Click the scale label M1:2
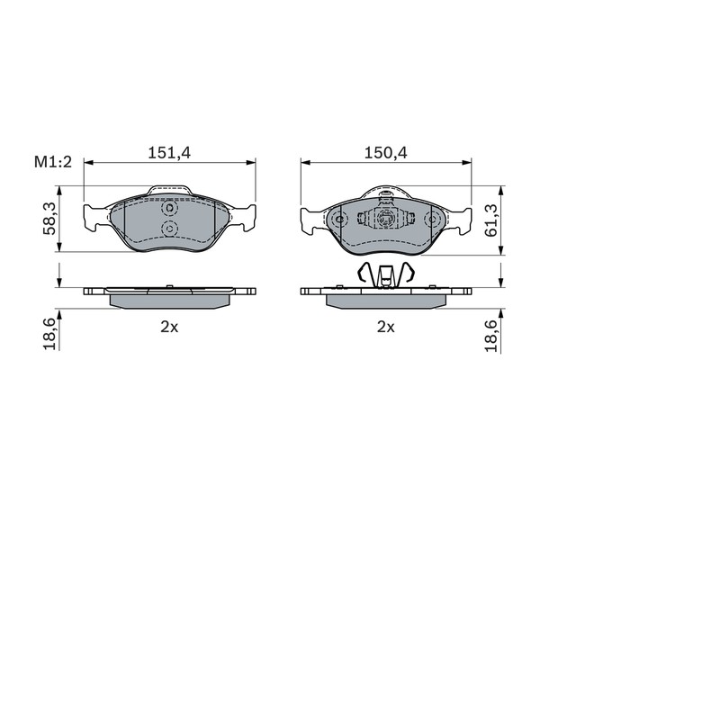(x=53, y=162)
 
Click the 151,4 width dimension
(x=169, y=152)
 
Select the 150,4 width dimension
(x=386, y=152)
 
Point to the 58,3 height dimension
(x=49, y=219)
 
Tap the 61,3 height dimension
(x=491, y=220)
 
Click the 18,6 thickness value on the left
(x=49, y=334)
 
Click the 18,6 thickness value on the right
(x=491, y=336)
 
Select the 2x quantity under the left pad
(x=169, y=327)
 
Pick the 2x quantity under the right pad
(x=386, y=327)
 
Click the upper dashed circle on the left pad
(x=169, y=209)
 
